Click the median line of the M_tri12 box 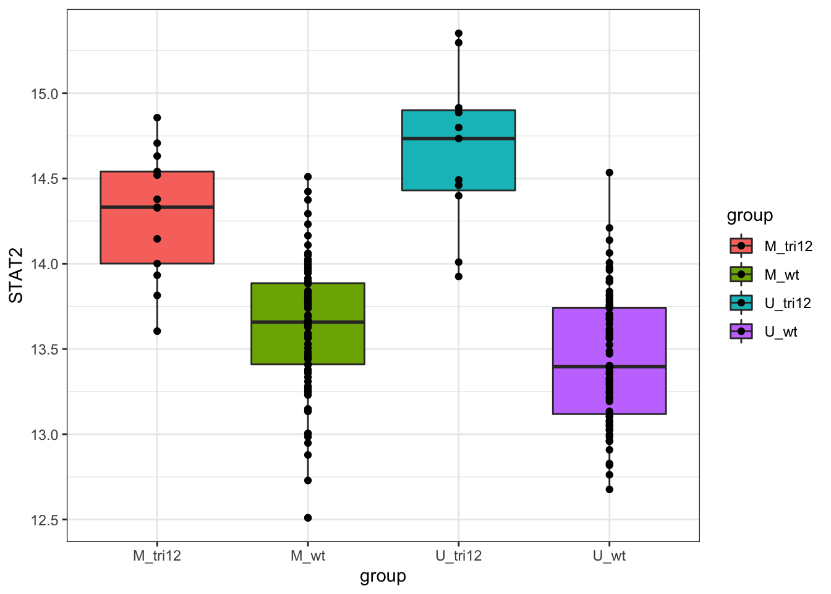(x=124, y=207)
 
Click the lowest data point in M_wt (x=308, y=518)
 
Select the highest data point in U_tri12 (x=459, y=33)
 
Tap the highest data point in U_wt (x=609, y=173)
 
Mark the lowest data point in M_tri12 (x=157, y=331)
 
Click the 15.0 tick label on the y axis (x=44, y=94)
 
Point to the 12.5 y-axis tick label (x=44, y=520)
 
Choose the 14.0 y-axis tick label (x=44, y=264)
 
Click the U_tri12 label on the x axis (x=458, y=556)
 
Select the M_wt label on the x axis (x=308, y=556)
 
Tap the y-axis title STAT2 (x=17, y=275)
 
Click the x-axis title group (x=383, y=577)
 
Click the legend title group (x=749, y=215)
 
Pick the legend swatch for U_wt (x=741, y=332)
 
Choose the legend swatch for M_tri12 (x=741, y=246)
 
